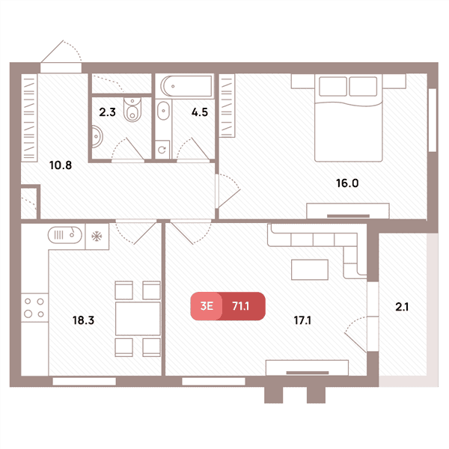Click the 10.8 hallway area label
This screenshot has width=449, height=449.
[61, 165]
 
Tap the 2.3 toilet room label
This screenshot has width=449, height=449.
[107, 112]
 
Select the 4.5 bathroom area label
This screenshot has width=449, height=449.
[200, 112]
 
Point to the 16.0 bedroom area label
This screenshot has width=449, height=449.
[347, 183]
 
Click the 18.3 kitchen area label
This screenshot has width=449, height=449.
[83, 320]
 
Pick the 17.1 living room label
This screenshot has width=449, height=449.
[302, 320]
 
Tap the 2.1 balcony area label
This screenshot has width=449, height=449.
[402, 307]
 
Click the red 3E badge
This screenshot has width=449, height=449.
[207, 306]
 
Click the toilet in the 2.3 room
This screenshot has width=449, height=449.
[132, 109]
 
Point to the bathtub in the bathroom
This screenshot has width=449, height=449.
[187, 86]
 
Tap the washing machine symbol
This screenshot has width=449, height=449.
[162, 150]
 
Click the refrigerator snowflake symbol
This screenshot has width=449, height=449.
[97, 236]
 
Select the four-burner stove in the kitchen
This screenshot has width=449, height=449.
[34, 308]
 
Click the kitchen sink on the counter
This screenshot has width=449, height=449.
[65, 235]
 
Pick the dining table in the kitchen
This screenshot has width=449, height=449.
[138, 319]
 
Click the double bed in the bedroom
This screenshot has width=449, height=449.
[349, 117]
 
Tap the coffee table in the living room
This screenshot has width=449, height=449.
[310, 269]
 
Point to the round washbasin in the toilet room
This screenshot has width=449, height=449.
[97, 136]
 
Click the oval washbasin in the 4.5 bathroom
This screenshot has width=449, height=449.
[163, 111]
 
